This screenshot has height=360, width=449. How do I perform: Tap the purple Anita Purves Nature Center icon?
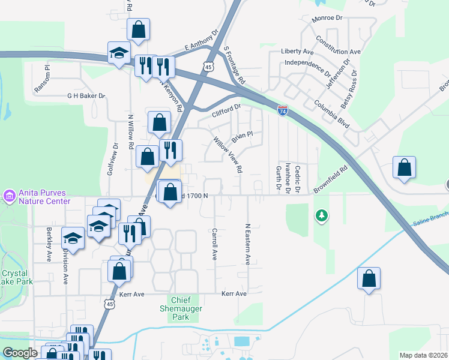click(8, 196)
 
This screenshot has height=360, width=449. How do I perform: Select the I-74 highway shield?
click(283, 110)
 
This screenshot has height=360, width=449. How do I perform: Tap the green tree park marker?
click(322, 215)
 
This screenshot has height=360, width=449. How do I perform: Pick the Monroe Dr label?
click(326, 19)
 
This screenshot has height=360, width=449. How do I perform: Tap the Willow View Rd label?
click(228, 155)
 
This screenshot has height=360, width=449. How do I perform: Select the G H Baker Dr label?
click(86, 95)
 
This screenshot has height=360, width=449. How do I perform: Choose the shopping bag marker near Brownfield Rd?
click(405, 168)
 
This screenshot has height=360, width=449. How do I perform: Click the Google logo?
click(20, 353)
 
